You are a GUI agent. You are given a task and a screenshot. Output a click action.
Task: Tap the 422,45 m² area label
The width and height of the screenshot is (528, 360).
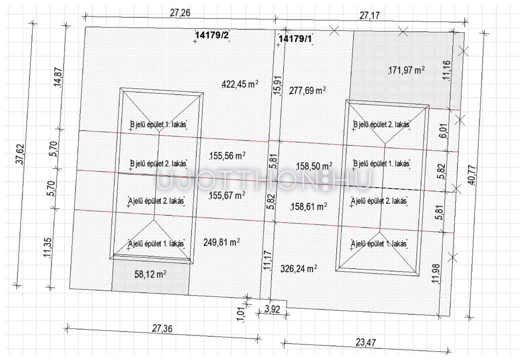click(x=240, y=84)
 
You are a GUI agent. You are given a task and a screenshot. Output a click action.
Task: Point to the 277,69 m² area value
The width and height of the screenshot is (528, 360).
click(x=307, y=90)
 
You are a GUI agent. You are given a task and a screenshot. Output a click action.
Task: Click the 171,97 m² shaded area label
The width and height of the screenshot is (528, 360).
click(x=406, y=70)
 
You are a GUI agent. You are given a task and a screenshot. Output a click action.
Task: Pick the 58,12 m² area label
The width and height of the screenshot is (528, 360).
click(x=151, y=274)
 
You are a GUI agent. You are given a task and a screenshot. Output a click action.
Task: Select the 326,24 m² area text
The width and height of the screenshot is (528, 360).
click(x=299, y=268)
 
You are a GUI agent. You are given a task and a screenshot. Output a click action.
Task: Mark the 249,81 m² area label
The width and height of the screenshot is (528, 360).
click(x=222, y=242)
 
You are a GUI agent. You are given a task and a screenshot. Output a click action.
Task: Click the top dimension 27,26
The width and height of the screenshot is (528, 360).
click(x=180, y=13)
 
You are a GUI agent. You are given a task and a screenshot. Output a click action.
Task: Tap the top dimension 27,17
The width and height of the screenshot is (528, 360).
click(x=370, y=16)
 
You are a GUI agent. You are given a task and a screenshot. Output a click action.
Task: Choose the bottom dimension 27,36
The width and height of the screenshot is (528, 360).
click(x=162, y=328)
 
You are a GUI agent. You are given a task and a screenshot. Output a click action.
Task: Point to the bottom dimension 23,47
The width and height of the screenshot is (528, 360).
click(x=366, y=342)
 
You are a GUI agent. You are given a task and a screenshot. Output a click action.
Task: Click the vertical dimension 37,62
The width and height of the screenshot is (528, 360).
click(x=20, y=154)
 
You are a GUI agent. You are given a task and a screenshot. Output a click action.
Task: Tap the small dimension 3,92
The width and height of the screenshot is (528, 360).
click(x=272, y=309)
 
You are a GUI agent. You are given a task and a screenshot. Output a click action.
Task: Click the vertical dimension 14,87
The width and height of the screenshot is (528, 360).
click(x=58, y=77)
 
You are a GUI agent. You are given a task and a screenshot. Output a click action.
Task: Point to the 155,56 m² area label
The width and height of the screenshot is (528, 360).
click(x=227, y=156)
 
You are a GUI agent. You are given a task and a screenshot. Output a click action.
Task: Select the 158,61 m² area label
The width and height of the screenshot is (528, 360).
click(x=308, y=206)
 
